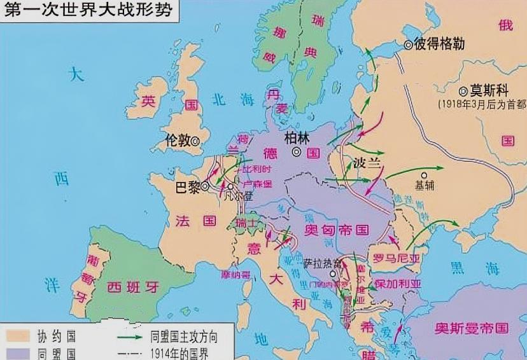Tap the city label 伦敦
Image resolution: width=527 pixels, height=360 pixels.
(177, 141)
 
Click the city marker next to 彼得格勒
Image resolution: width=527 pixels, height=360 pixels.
(408, 45)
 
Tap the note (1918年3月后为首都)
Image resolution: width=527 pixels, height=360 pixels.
(481, 103)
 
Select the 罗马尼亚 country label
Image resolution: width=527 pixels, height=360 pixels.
(398, 258)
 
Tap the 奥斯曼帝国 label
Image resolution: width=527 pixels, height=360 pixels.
(472, 328)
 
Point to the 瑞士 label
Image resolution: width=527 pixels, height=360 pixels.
(247, 223)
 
